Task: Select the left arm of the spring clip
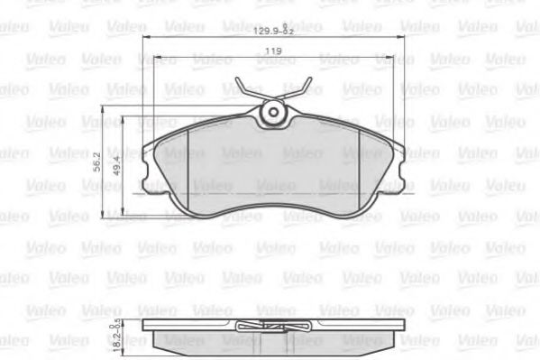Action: (x=246, y=93)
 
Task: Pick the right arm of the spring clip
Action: (x=297, y=93)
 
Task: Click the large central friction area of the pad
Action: (x=270, y=171)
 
